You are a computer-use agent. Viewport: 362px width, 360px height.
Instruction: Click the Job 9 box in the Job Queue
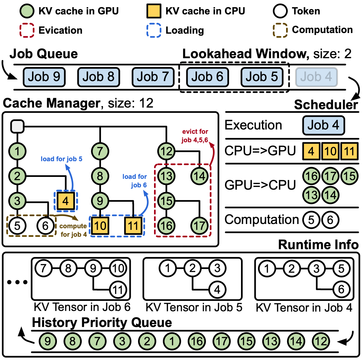44,77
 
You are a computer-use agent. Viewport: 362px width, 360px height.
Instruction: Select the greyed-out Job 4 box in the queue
316,77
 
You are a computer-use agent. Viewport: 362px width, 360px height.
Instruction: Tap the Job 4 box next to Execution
323,126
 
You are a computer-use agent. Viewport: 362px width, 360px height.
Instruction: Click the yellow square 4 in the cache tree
66,201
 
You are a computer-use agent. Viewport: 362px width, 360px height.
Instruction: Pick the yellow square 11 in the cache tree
133,225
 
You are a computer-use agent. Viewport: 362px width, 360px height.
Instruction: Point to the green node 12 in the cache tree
166,151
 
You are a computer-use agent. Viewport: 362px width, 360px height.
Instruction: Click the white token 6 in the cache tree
45,225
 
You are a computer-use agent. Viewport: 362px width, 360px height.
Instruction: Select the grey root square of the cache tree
17,126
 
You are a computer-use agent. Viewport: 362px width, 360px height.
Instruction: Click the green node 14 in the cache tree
199,176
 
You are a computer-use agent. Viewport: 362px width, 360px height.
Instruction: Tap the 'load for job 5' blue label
61,159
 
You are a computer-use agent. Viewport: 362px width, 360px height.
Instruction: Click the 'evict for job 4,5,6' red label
195,136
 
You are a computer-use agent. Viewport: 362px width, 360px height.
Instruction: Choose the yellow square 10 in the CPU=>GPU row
330,151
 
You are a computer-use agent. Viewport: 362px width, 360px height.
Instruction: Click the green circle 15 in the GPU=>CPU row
349,176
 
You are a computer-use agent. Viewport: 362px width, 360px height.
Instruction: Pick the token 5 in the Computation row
311,220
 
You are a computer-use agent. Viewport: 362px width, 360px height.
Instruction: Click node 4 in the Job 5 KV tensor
217,289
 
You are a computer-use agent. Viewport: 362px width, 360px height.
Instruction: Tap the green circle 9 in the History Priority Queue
48,342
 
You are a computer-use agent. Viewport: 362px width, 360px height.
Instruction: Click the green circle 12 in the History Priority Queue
321,342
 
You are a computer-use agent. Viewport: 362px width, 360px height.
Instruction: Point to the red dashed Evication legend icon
27,30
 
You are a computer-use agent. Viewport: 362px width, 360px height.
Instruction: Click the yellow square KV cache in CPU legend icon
153,11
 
